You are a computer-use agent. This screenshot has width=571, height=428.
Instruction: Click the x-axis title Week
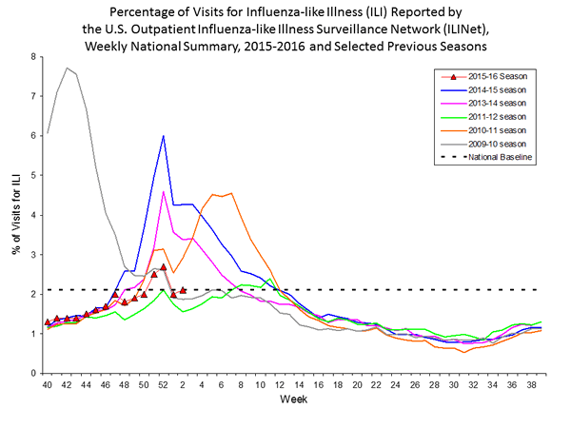292,399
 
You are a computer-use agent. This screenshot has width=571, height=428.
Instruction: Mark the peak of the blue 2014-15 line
164,136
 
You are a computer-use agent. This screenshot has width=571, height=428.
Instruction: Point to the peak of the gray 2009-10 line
67,68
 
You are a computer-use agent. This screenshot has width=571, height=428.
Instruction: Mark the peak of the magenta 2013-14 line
164,192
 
